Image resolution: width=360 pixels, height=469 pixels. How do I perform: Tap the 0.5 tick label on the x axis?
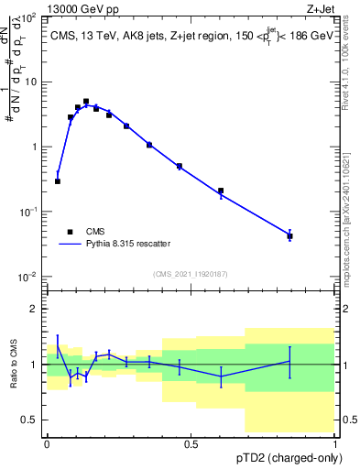[191, 443]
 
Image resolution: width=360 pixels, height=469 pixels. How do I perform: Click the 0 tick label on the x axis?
[47, 443]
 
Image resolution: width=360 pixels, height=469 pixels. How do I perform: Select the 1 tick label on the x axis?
[335, 443]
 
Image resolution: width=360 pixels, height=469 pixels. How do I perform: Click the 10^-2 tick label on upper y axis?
[27, 277]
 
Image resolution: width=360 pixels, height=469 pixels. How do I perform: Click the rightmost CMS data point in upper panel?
[289, 236]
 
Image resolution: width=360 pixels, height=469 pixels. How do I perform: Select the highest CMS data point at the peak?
[86, 102]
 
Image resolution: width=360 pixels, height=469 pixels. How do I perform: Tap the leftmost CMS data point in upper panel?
[58, 181]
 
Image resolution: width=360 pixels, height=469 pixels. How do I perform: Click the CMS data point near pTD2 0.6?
[221, 191]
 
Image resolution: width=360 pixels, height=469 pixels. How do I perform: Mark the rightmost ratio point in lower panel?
[289, 361]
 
